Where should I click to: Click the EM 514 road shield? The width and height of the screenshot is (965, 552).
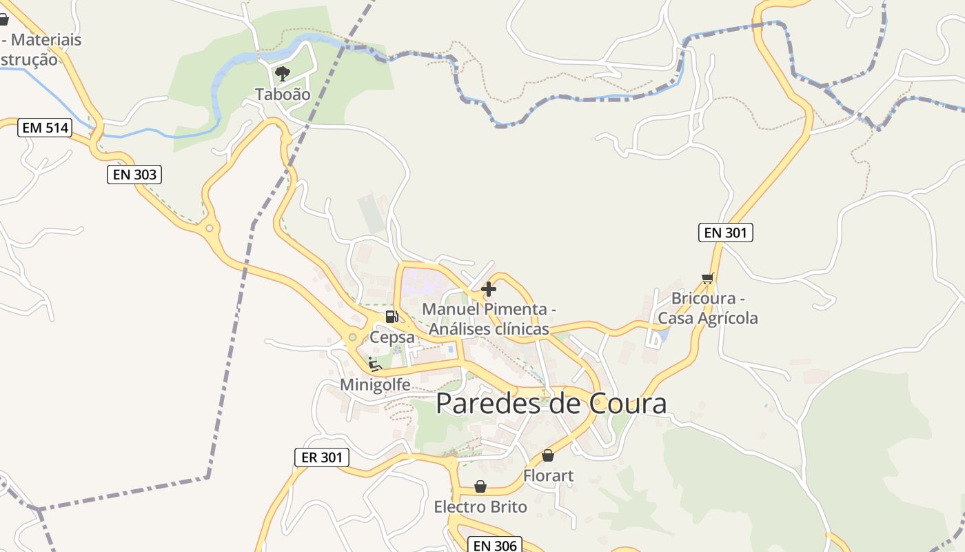click(45, 128)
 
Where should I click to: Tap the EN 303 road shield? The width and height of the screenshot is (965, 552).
click(134, 175)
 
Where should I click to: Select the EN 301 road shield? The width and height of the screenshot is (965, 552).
click(726, 233)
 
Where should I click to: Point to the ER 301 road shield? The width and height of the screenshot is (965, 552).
click(322, 457)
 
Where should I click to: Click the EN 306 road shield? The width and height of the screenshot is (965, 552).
click(495, 545)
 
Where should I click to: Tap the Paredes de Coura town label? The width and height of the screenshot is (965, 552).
click(551, 404)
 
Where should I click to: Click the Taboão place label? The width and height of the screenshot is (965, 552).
click(283, 95)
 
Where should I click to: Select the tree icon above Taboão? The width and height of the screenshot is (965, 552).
click(282, 73)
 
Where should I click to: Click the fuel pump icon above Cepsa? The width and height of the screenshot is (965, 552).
click(392, 317)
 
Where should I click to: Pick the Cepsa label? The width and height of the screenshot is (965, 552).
click(393, 337)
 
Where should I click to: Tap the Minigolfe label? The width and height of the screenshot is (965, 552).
click(376, 385)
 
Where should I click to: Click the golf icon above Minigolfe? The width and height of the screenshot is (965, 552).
click(375, 364)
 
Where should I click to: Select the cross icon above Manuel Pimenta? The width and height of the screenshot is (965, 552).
click(489, 289)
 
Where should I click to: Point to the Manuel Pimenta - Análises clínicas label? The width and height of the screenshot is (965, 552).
click(489, 319)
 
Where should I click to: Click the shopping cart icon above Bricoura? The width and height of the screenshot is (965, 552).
click(707, 279)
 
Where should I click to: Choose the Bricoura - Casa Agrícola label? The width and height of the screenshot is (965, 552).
click(708, 308)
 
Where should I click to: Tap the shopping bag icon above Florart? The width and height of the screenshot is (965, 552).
click(548, 455)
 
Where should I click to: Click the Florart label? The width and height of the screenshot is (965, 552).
click(548, 475)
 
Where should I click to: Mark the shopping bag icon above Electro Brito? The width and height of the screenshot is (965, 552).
click(480, 487)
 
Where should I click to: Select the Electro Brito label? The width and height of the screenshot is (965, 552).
click(480, 507)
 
